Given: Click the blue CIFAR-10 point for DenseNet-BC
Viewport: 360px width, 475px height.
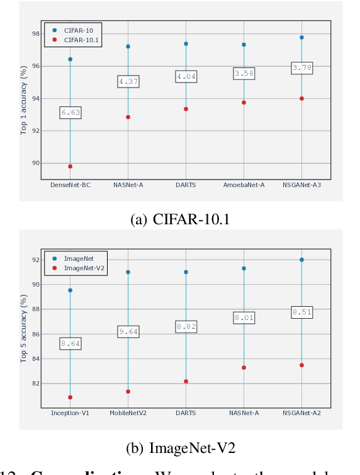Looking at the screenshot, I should coord(70,59).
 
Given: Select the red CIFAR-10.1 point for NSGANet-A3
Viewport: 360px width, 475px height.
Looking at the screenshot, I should coord(301,98).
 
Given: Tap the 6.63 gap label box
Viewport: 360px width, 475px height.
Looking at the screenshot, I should coord(70,113).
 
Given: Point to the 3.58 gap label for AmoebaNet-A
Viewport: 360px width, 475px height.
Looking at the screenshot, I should coord(244,74).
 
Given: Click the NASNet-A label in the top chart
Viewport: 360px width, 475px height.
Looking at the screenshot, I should coord(128,185).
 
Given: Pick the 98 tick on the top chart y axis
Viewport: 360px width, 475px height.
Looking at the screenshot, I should coord(35,33).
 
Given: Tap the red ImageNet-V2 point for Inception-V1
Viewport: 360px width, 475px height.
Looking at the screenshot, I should coord(70,398).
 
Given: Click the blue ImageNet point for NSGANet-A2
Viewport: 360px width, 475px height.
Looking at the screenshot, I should coord(301,260).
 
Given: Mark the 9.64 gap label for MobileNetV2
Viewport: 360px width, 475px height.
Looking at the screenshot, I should coord(128,331).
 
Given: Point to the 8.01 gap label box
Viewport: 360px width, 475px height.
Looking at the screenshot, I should coord(244,318).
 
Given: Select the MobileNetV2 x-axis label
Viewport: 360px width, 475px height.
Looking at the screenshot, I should coord(128,413).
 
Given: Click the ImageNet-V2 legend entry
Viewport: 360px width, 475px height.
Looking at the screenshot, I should coord(78,268).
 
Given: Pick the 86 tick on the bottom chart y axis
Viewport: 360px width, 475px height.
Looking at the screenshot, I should coord(35,334).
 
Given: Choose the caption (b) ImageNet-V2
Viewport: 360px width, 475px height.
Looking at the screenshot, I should coord(181,448).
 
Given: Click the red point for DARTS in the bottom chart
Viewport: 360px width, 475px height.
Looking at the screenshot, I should coord(186,381).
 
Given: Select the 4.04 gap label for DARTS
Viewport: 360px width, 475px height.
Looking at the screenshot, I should coord(186,77).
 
